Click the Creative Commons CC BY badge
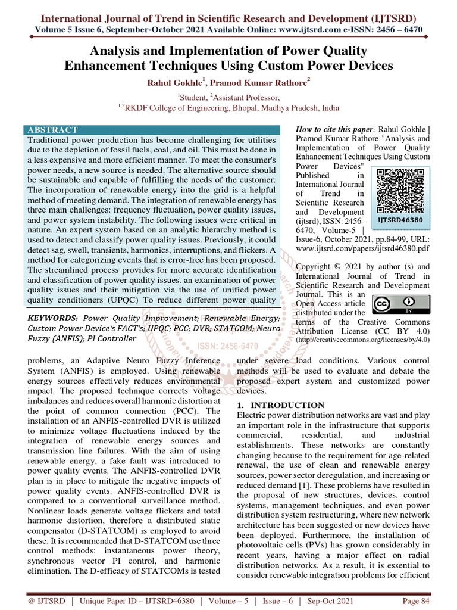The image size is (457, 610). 393,304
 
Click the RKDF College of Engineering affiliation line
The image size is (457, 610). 228,108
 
